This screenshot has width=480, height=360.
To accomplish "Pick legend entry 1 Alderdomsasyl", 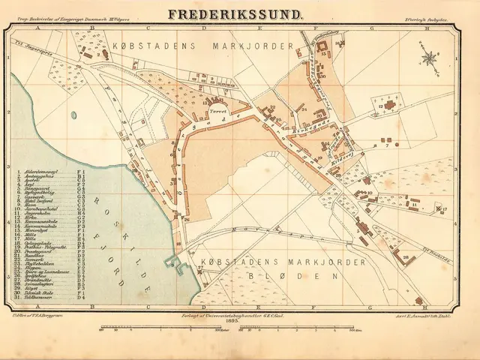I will click(x=42, y=172).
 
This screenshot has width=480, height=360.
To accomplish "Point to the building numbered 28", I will click(x=409, y=257).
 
